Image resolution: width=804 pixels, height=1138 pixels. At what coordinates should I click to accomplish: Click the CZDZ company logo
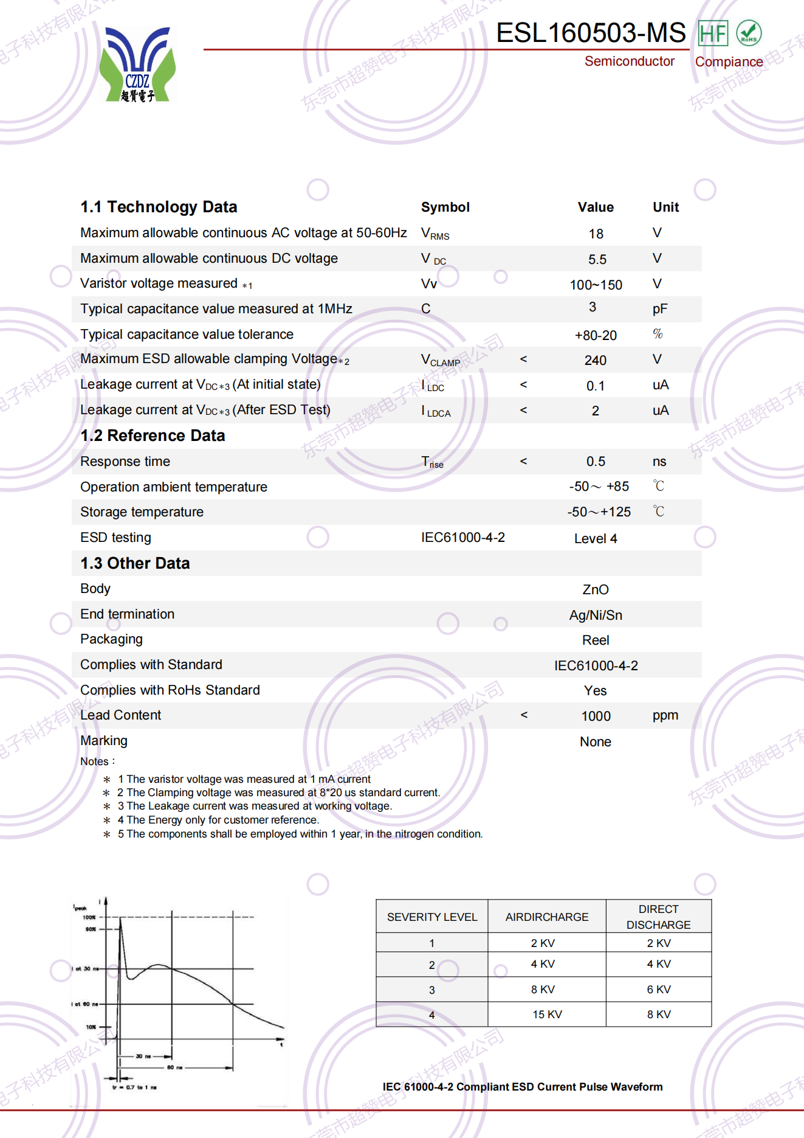(x=137, y=64)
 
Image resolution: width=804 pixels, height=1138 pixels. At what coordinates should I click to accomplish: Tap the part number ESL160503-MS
(x=590, y=33)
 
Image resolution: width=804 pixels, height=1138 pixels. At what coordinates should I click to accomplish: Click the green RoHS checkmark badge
(x=748, y=33)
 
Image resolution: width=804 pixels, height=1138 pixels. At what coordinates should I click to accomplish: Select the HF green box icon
(x=712, y=33)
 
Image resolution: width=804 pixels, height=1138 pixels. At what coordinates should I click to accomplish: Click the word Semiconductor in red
(x=629, y=61)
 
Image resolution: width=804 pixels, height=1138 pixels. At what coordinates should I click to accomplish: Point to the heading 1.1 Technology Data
(x=159, y=207)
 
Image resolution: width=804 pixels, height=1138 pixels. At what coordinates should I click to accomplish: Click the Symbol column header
(x=445, y=207)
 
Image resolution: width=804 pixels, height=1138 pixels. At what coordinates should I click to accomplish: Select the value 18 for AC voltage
(x=596, y=234)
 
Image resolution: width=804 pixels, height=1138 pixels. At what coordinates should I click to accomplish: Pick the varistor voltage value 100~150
(x=596, y=285)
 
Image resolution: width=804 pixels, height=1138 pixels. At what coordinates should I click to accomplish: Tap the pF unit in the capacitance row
(x=659, y=309)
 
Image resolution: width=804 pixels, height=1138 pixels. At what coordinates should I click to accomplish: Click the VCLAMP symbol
(x=440, y=360)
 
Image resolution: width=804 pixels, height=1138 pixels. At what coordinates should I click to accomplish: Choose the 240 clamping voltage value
(x=595, y=361)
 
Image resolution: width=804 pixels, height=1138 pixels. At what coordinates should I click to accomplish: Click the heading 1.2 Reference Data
(x=153, y=435)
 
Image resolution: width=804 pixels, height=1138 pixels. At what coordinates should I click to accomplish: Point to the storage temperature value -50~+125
(x=599, y=512)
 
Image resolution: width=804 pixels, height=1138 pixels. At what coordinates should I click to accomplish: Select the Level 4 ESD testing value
(x=595, y=538)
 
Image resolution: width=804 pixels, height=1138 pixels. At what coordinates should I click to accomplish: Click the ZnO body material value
(x=595, y=589)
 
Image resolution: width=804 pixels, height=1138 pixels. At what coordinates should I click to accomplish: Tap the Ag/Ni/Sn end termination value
(x=595, y=615)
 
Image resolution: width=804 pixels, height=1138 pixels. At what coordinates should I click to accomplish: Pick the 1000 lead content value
(x=596, y=716)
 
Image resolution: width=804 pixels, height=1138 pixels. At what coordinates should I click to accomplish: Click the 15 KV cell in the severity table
(x=547, y=1015)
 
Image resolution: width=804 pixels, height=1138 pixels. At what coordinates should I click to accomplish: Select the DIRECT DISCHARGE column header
(x=658, y=917)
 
